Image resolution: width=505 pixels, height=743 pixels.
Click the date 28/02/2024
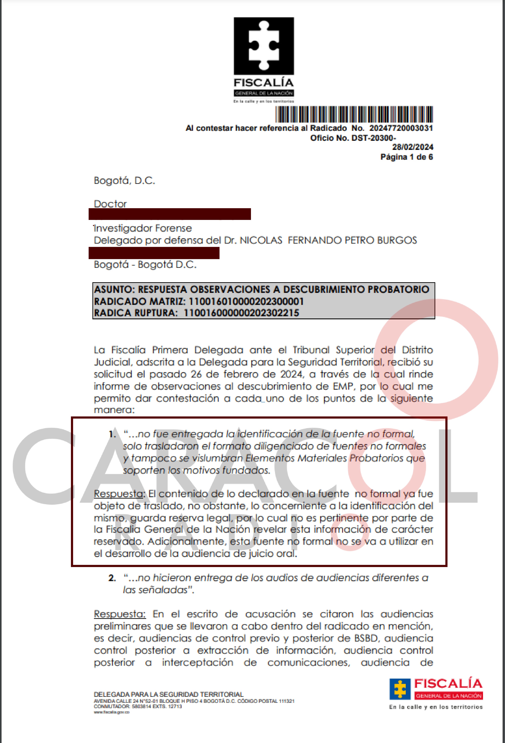(x=413, y=147)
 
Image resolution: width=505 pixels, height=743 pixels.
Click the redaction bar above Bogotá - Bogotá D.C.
(x=154, y=253)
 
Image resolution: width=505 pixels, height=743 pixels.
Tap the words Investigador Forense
(x=143, y=228)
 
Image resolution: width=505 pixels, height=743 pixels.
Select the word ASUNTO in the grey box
(x=114, y=290)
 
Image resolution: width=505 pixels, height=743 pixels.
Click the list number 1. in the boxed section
(x=112, y=434)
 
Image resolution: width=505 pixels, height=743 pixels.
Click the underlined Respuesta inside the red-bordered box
(x=119, y=494)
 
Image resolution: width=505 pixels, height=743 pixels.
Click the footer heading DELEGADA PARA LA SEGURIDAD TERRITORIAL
(x=169, y=694)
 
